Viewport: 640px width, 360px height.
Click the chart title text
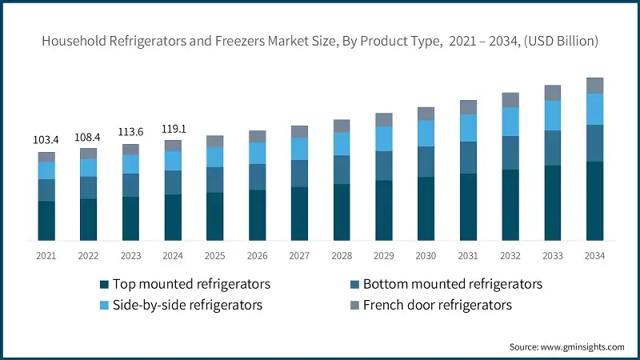[x=320, y=41]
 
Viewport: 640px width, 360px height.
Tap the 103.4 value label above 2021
[x=46, y=140]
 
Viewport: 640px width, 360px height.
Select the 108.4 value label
[x=89, y=137]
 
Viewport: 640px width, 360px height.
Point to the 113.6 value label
[x=131, y=133]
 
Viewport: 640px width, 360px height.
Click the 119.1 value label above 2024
[x=174, y=128]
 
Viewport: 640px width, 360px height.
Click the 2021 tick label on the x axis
[x=46, y=256]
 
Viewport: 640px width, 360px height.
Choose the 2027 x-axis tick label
[x=299, y=256]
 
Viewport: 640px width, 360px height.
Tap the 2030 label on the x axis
[x=426, y=256]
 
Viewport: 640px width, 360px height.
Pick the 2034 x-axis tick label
[x=594, y=256]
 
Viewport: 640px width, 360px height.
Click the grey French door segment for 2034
[x=594, y=86]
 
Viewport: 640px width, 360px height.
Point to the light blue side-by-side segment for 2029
[x=384, y=139]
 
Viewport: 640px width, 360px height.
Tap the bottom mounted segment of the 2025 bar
[x=215, y=180]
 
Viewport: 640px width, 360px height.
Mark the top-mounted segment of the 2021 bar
[x=46, y=220]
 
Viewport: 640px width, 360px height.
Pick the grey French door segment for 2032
[x=510, y=100]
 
